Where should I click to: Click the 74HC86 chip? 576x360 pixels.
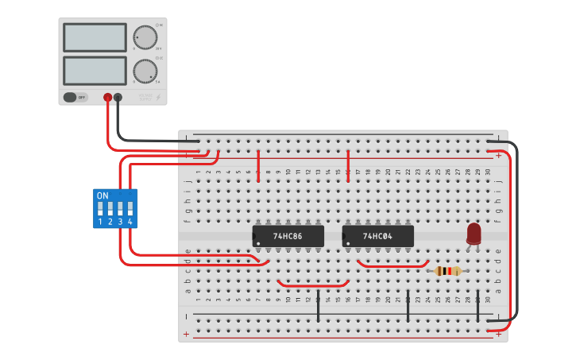288,236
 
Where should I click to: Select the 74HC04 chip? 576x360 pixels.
378,236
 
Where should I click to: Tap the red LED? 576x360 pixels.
474,233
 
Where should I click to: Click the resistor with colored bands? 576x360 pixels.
448,271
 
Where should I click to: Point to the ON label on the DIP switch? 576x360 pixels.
102,195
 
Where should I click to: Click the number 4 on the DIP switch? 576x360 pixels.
130,222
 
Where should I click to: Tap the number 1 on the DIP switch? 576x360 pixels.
100,222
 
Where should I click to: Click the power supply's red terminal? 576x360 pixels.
108,98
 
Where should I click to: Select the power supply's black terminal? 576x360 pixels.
118,98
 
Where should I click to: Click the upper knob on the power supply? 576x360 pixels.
145,37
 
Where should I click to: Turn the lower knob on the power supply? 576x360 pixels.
145,71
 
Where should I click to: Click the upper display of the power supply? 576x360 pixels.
95,37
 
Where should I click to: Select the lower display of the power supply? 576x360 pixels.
95,70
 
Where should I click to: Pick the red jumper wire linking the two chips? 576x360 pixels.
313,285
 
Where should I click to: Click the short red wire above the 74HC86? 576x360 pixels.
258,165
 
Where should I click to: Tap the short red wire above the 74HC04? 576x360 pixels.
348,165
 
